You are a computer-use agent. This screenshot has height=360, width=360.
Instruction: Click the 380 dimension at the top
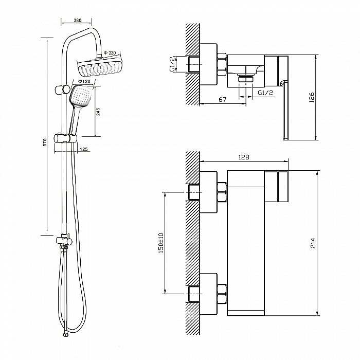(x=78, y=20)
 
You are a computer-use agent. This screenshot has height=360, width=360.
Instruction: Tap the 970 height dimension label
(x=45, y=142)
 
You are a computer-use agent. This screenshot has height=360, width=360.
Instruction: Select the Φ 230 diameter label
(x=110, y=53)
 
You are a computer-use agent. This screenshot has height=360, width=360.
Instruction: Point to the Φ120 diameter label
(x=84, y=81)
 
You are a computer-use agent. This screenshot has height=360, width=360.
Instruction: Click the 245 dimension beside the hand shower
(x=98, y=112)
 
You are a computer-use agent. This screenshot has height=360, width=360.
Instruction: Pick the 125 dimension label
(x=84, y=149)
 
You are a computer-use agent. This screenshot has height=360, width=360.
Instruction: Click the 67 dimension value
(x=223, y=99)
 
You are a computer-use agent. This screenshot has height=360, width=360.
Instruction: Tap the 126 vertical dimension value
(x=312, y=97)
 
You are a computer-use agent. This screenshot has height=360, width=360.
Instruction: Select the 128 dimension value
(x=244, y=157)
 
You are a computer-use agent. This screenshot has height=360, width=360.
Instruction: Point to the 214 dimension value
(x=313, y=243)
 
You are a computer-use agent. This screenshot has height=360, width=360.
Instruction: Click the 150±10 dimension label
(x=161, y=243)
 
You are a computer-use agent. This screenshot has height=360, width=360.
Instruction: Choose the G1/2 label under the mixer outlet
(x=265, y=93)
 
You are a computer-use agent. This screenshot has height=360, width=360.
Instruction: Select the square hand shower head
(x=81, y=96)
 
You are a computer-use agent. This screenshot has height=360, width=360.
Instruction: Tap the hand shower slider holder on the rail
(x=65, y=138)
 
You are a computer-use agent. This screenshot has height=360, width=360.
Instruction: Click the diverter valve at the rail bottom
(x=64, y=241)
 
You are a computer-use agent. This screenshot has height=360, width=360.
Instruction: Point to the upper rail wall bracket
(x=62, y=89)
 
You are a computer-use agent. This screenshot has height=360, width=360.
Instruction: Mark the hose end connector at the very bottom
(x=66, y=334)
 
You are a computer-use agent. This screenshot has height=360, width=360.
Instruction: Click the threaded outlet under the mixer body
(x=246, y=79)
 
